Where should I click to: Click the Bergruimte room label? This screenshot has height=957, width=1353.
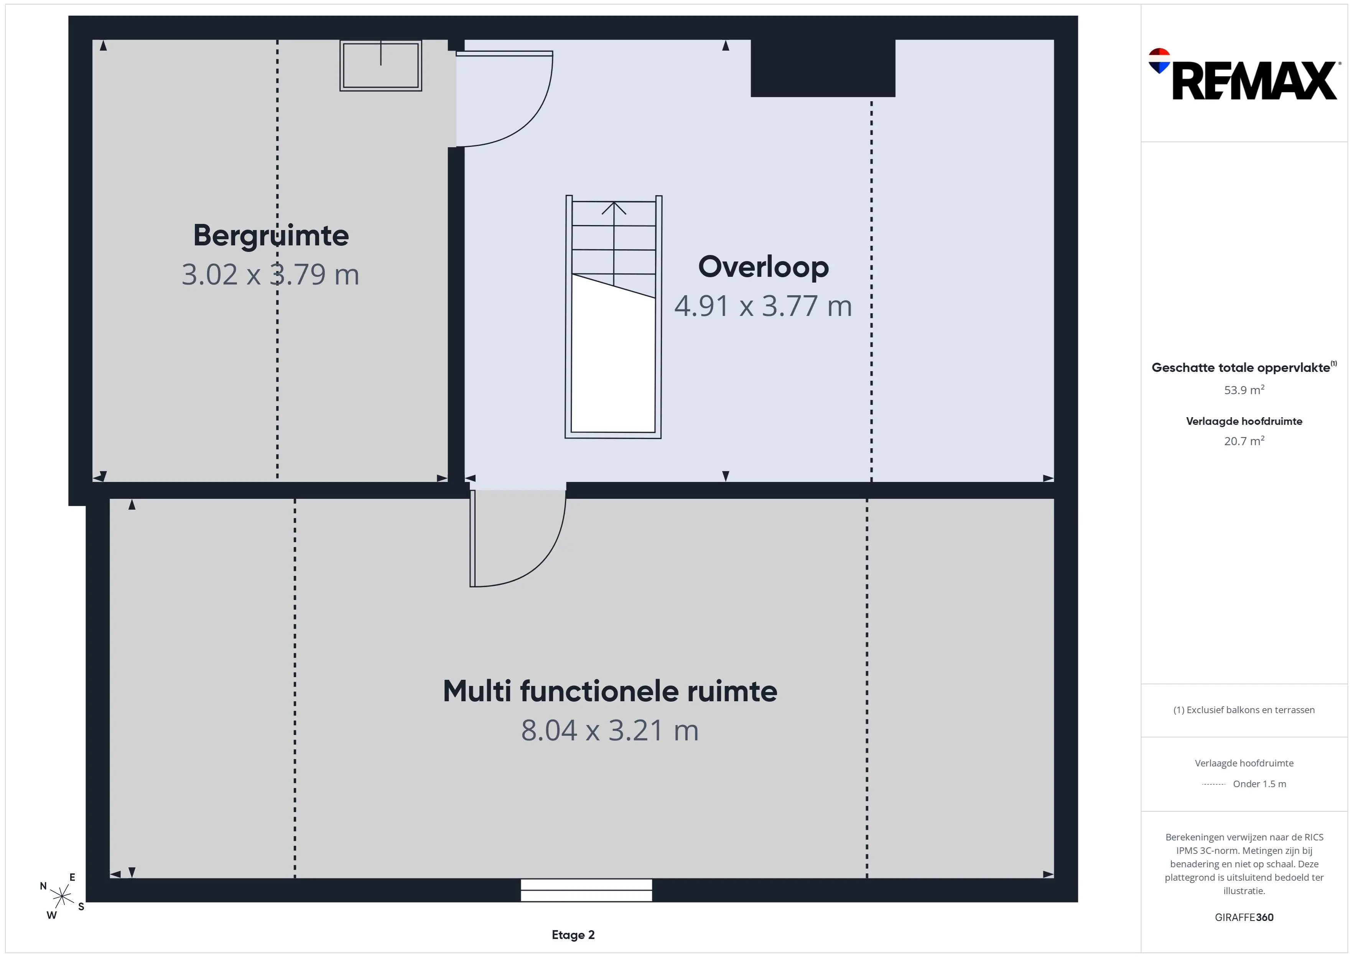pos(271,236)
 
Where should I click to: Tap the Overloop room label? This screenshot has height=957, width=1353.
pos(763,267)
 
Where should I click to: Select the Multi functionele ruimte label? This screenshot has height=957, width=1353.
pos(610,691)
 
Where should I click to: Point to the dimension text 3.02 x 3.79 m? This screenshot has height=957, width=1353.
pos(270,275)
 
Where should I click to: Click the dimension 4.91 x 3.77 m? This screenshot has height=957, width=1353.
pos(763,306)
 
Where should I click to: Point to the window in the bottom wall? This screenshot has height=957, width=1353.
pos(586,890)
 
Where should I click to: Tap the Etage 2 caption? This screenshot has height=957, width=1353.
pos(573,935)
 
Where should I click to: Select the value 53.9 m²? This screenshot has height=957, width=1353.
pos(1244,390)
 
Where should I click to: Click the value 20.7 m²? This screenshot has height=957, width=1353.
pos(1244,441)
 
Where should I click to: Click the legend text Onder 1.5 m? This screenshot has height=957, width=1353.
pos(1259,784)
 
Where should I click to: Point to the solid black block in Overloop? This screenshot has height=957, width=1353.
pos(823,68)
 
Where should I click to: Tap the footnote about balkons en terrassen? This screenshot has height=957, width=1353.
pos(1244,710)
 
